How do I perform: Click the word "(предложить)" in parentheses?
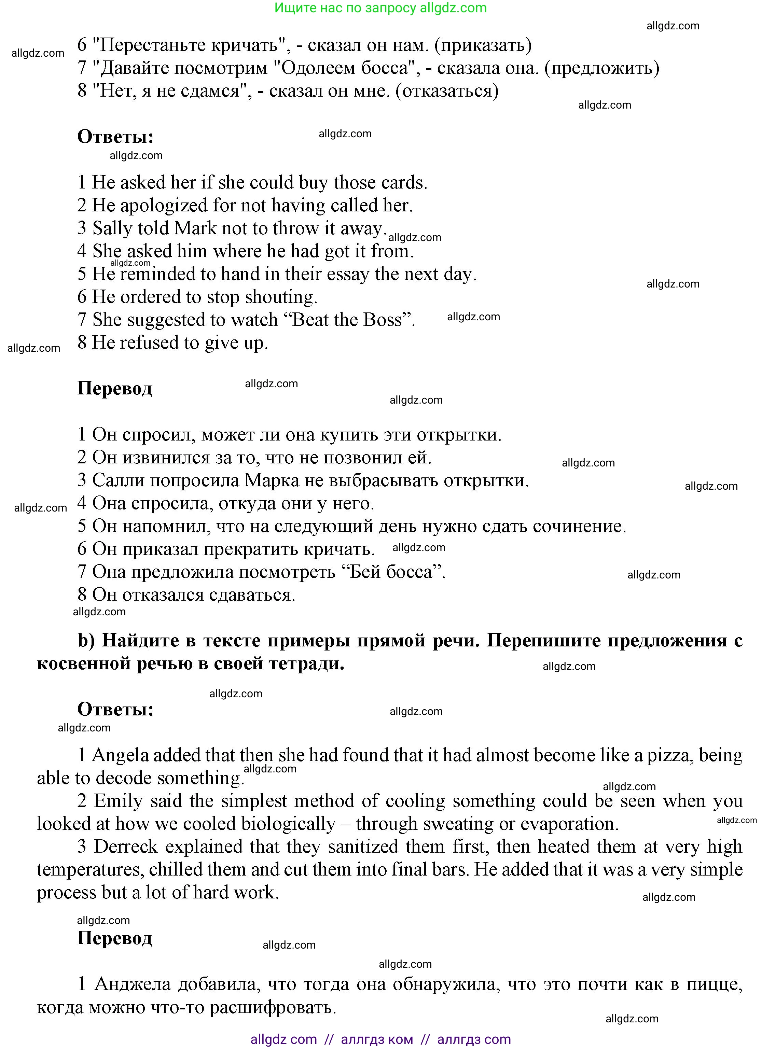pyautogui.click(x=601, y=68)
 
